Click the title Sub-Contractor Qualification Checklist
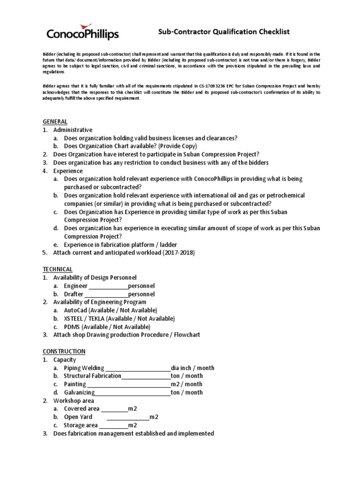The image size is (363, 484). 223,32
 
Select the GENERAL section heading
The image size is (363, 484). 55,121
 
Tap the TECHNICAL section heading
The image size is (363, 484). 58,269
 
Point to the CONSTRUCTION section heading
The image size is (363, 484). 64,351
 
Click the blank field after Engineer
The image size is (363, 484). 108,286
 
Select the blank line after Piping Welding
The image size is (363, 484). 138,368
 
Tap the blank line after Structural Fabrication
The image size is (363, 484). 146,376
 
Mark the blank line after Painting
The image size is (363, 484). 129,384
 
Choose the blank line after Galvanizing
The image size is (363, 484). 133,392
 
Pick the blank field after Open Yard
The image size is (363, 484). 128,417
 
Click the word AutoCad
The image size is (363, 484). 76,310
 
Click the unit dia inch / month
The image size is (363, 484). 192,368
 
